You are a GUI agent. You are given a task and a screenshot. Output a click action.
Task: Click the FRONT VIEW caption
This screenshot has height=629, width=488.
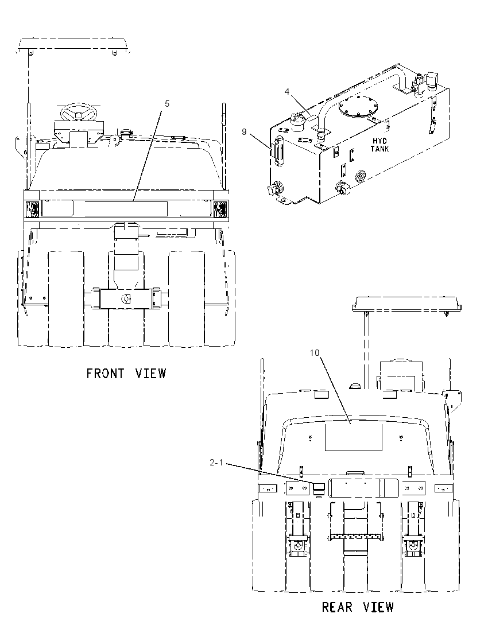tap(126, 374)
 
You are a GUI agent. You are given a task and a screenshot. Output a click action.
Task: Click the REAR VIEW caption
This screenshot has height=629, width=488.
tap(358, 607)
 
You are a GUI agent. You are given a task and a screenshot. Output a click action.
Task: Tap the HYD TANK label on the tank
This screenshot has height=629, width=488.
tap(379, 145)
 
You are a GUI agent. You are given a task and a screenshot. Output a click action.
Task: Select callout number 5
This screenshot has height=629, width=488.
tap(167, 103)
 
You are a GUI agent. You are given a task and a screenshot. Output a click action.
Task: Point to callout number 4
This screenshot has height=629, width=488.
tap(287, 92)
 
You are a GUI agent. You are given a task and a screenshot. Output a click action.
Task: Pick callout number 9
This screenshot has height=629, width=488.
tap(244, 131)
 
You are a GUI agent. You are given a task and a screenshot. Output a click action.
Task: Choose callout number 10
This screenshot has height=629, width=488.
tap(315, 352)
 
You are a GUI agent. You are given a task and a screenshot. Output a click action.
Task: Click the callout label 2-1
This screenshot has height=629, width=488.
tap(216, 463)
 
